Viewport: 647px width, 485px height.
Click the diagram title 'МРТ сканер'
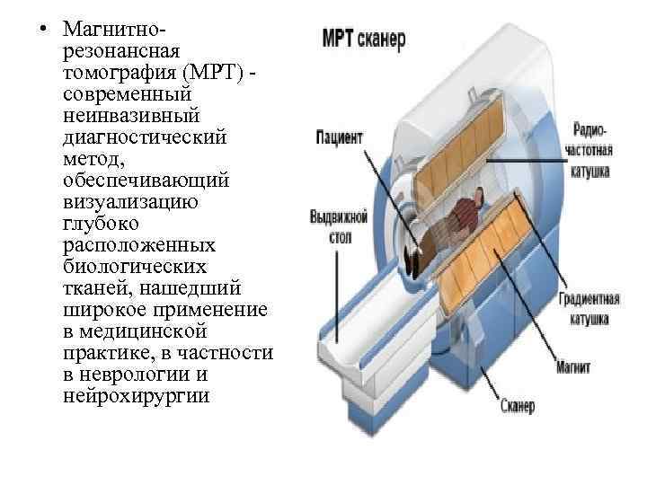(364, 40)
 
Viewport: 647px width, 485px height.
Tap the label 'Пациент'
(339, 138)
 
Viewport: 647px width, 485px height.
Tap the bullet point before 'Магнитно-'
(43, 24)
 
